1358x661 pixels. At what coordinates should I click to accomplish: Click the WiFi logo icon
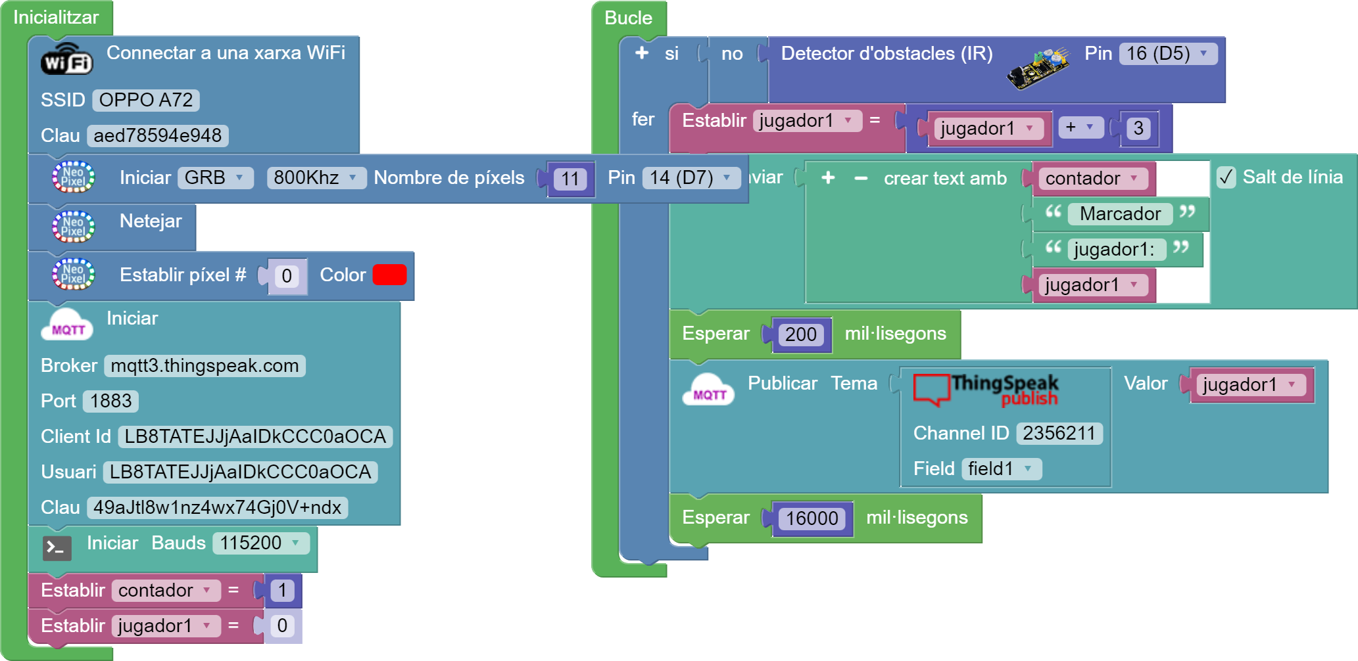[x=67, y=60]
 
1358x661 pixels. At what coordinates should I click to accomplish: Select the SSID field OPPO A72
[x=146, y=101]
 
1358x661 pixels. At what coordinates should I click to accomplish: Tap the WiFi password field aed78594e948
[x=158, y=136]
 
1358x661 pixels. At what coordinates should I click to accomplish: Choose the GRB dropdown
[x=214, y=178]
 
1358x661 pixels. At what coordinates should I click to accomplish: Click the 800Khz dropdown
[x=316, y=178]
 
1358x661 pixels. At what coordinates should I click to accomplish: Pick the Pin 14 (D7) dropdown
[x=691, y=178]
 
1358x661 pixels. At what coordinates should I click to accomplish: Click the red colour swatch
[x=389, y=275]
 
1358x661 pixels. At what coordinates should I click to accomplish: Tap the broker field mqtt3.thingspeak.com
[x=205, y=366]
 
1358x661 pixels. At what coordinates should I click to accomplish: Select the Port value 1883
[x=111, y=401]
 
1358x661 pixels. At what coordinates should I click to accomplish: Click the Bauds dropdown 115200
[x=260, y=543]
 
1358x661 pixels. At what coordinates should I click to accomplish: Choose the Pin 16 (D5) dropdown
[x=1167, y=54]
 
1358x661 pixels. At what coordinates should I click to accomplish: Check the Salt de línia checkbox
[x=1226, y=177]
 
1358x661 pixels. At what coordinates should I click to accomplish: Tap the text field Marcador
[x=1120, y=214]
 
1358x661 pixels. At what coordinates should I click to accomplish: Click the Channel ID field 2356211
[x=1059, y=434]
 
